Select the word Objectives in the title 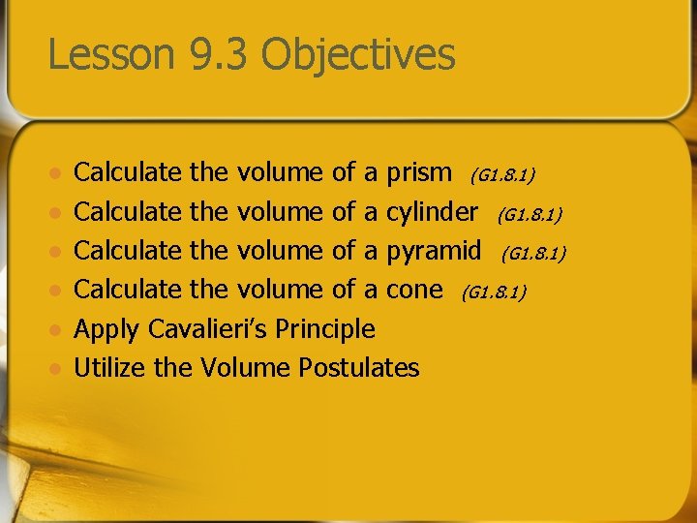click(357, 54)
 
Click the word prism click(418, 173)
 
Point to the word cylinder click(432, 212)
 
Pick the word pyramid click(434, 252)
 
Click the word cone click(414, 290)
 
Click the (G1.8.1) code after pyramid click(533, 254)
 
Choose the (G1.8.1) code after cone click(494, 292)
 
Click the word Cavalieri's click(206, 329)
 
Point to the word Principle click(325, 329)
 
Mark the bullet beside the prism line click(56, 174)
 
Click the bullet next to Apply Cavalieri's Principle click(56, 329)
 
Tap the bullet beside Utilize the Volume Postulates click(56, 368)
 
